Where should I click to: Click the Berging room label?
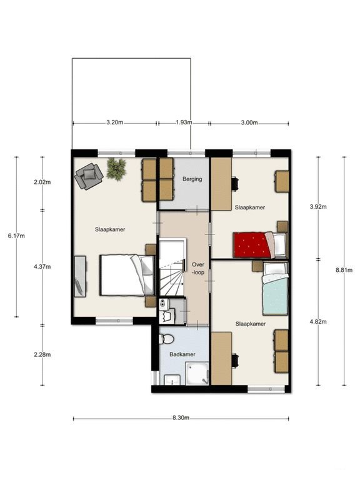click(x=192, y=179)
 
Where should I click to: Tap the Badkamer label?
click(x=182, y=354)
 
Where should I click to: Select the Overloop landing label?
click(x=197, y=268)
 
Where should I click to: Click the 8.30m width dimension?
click(x=181, y=418)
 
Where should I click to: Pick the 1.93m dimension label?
click(x=184, y=122)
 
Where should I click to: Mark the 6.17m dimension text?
click(x=16, y=236)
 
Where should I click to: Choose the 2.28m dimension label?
click(x=42, y=354)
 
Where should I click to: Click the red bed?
click(x=260, y=244)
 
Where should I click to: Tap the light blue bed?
click(x=275, y=287)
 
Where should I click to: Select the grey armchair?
click(x=89, y=176)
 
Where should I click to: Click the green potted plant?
click(x=116, y=167)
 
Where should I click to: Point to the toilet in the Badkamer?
click(x=166, y=339)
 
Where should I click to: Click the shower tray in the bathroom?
click(x=197, y=373)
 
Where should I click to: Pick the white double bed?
click(x=127, y=275)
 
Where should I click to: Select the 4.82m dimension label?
click(x=318, y=321)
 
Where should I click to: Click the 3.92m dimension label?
click(x=318, y=207)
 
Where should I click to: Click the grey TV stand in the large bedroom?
click(x=80, y=276)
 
